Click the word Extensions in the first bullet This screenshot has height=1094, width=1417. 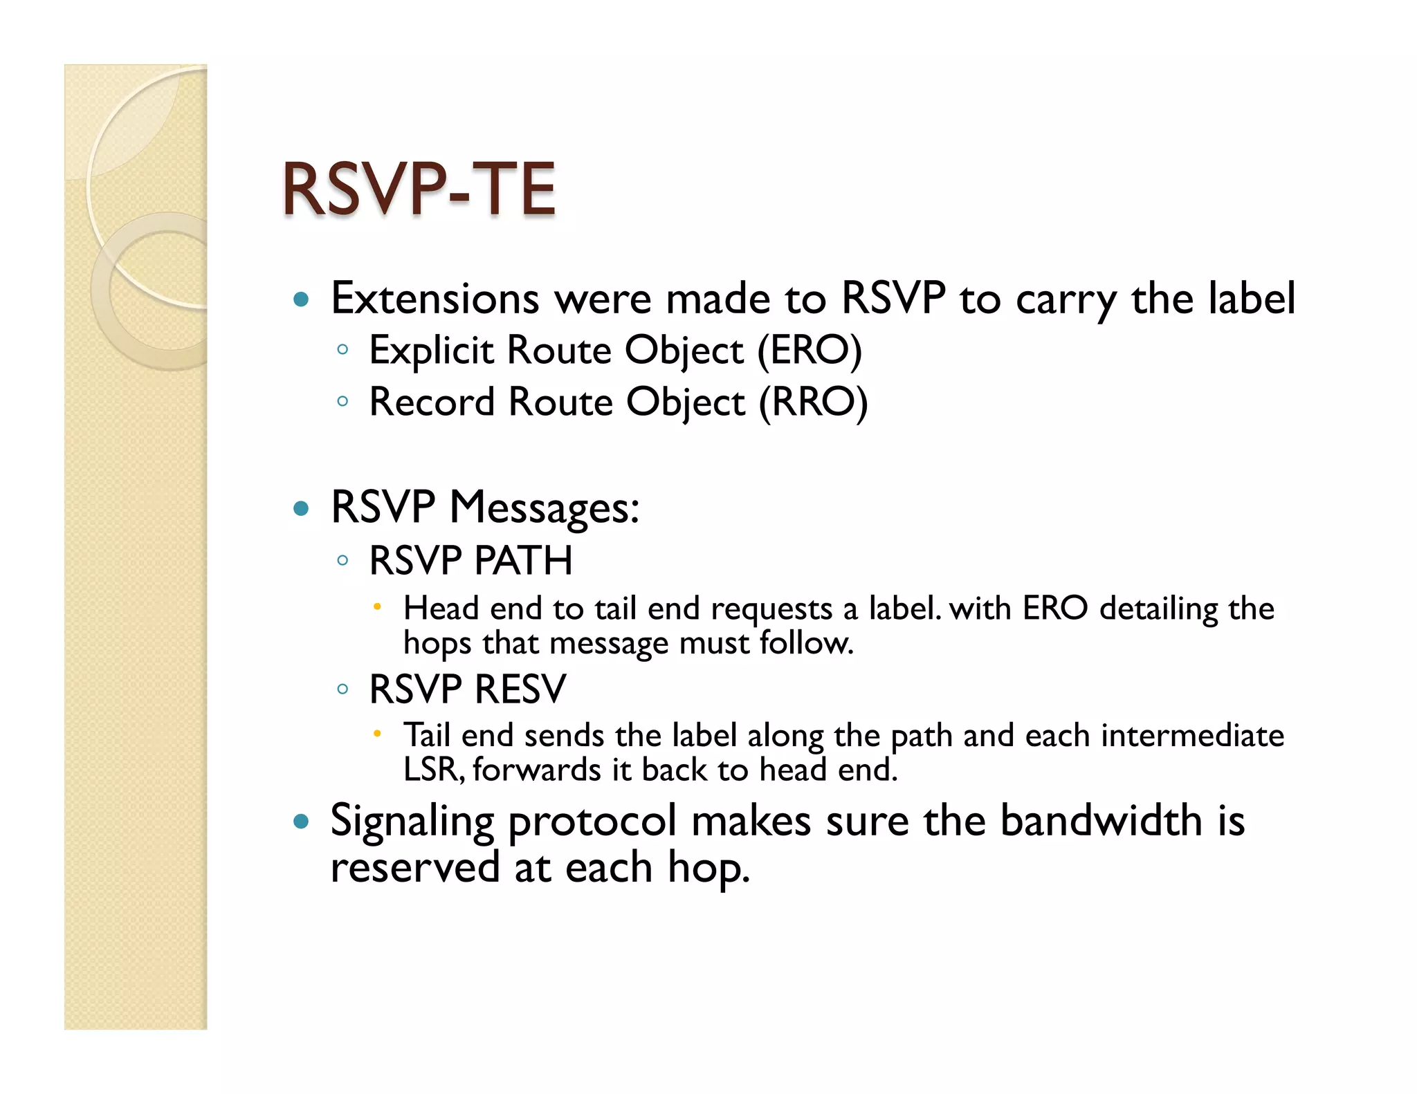(435, 299)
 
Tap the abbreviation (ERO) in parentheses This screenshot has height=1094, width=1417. (810, 350)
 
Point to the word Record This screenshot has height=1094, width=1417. (432, 402)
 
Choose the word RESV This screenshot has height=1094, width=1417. (520, 689)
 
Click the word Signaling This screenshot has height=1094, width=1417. (412, 821)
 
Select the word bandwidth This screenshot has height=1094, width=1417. (1101, 821)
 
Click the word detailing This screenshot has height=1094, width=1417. (1158, 609)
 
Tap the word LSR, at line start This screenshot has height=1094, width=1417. (434, 770)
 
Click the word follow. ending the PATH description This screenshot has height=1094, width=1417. (806, 643)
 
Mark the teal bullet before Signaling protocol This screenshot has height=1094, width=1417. (300, 822)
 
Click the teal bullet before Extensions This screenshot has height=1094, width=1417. (300, 300)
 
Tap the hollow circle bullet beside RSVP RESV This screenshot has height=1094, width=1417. (342, 689)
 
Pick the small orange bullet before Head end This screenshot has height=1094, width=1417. (377, 607)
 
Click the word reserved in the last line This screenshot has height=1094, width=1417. (414, 867)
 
